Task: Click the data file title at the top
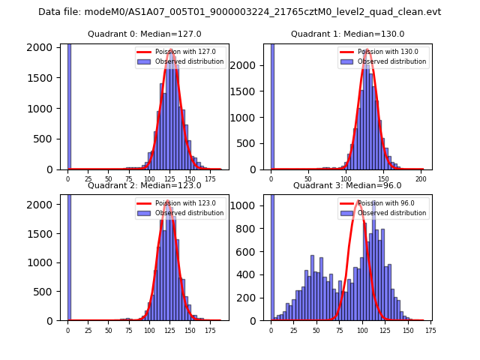coord(239,12)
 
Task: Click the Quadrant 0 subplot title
coord(144,34)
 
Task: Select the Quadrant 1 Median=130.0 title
coord(347,34)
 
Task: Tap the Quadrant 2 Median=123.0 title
coord(144,185)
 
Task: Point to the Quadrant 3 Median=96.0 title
coord(347,185)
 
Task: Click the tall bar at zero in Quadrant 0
coord(69,105)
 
